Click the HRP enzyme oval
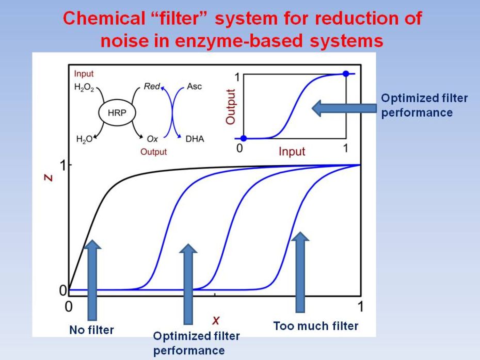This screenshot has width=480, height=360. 117,113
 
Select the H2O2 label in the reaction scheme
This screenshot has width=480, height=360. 84,88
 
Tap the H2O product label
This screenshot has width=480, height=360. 85,139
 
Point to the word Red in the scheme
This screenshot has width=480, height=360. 152,87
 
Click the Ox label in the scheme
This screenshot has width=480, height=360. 152,139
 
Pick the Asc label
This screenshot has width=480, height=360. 195,87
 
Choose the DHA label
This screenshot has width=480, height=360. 195,139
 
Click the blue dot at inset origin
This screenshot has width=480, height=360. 244,139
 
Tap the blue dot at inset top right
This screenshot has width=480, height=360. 346,74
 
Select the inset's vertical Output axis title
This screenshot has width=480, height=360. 231,107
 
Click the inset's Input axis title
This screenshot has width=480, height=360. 292,152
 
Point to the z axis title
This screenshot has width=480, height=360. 49,178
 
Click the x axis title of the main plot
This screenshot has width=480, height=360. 216,320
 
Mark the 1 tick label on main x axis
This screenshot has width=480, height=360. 360,306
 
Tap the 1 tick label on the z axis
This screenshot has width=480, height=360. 63,166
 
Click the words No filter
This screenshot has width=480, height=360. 91,330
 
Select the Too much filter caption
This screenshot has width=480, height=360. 315,326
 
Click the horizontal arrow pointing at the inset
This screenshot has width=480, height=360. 344,108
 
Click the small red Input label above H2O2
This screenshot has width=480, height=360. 84,74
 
